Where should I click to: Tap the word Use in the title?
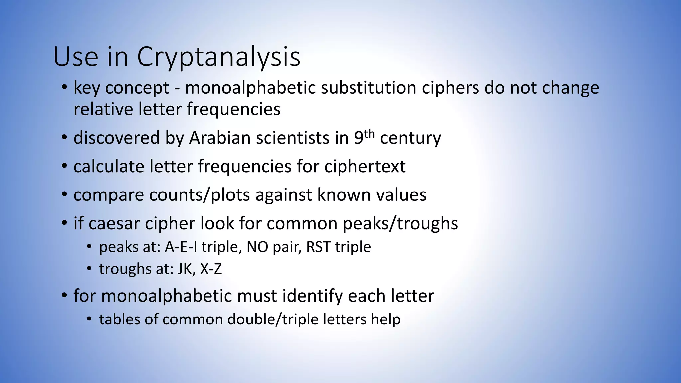(75, 57)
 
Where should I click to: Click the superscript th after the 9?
(369, 134)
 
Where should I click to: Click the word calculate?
(109, 166)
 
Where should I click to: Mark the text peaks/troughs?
(400, 223)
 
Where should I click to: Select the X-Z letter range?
(211, 269)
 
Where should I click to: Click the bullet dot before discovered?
(64, 138)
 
